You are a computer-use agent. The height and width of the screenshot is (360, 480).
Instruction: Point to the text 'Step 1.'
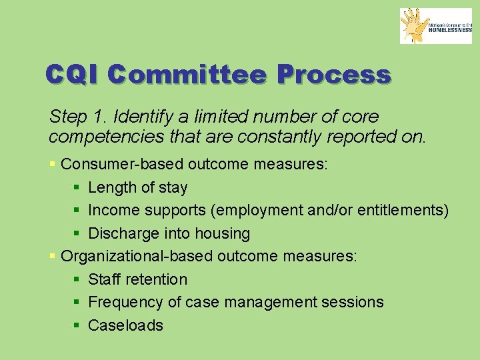pyautogui.click(x=78, y=117)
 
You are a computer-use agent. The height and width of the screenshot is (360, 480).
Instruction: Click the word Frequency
pyautogui.click(x=125, y=302)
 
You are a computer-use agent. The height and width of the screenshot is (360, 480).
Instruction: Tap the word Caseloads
pyautogui.click(x=125, y=325)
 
